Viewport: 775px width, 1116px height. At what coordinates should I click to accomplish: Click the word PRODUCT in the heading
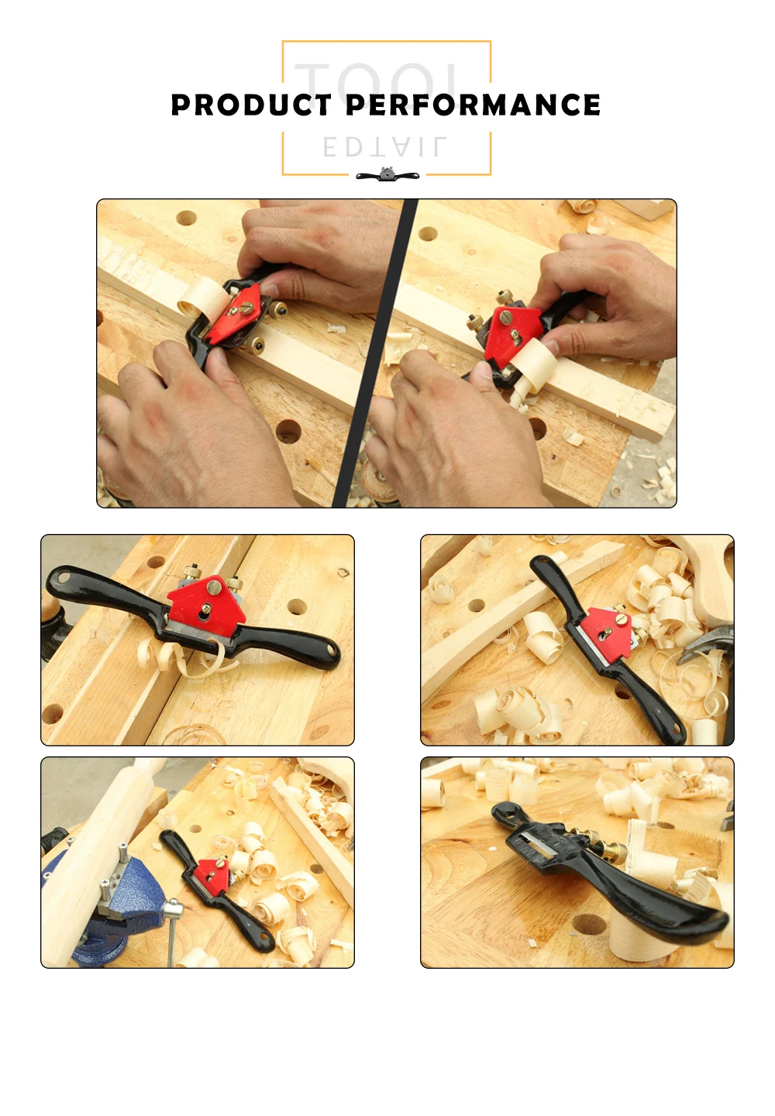coord(251,105)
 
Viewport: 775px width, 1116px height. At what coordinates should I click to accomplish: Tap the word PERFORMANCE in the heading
coord(473,105)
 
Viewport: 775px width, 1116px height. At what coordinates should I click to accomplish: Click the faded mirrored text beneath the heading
coord(384,147)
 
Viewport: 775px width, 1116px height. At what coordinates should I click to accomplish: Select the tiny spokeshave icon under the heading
coord(387,175)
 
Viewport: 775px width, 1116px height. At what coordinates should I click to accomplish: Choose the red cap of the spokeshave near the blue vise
coord(212,873)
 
